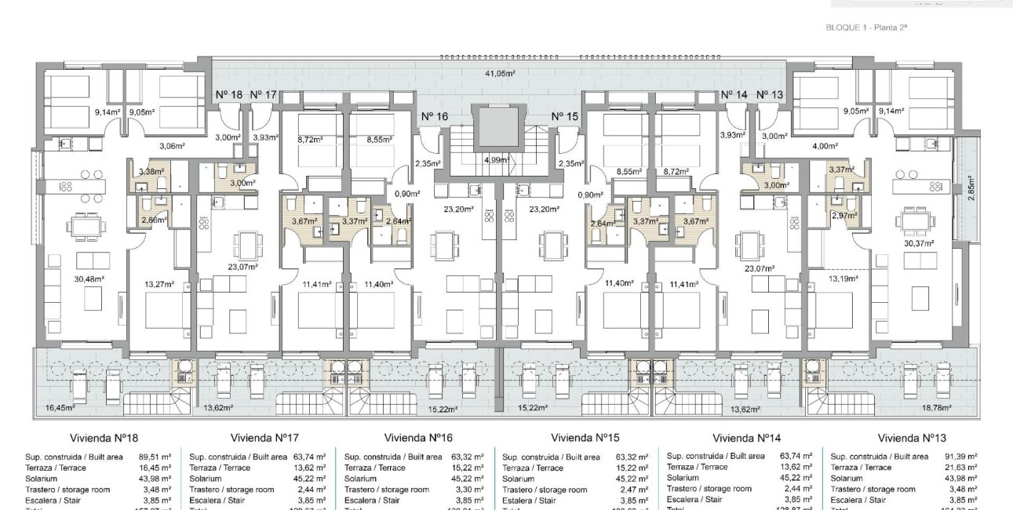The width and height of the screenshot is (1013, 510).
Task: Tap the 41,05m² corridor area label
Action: (498, 73)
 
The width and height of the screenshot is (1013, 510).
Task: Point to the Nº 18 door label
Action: (228, 95)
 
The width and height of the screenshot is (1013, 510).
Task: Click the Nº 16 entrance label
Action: (434, 116)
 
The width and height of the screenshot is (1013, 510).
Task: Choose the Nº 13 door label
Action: (770, 95)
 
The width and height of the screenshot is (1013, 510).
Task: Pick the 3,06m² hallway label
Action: (171, 146)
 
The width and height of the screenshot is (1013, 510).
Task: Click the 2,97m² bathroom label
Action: (844, 215)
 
